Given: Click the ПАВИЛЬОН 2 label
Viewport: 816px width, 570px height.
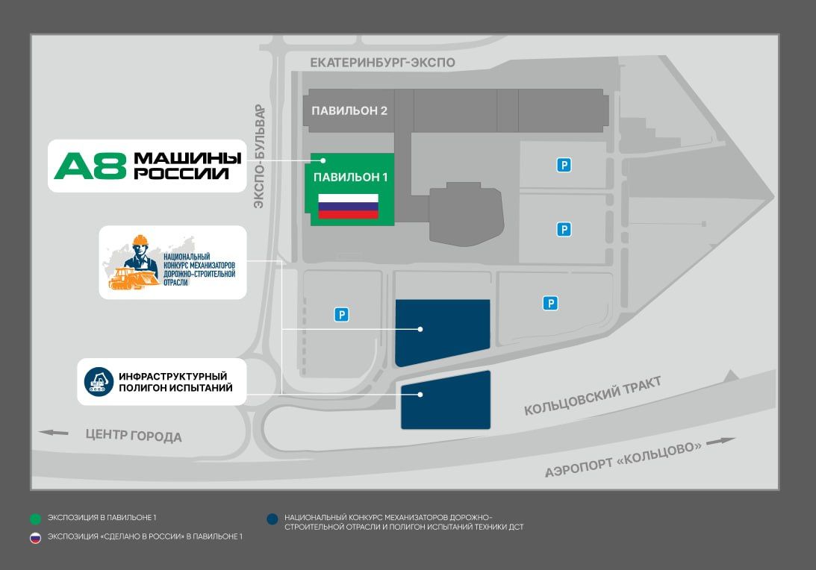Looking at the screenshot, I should click(x=349, y=111).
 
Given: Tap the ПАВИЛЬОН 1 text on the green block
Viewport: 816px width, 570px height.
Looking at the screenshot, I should click(x=350, y=178).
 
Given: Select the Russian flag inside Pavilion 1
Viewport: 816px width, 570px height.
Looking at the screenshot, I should click(x=348, y=206).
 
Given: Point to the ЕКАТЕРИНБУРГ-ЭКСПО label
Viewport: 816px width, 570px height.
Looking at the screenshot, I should click(x=382, y=63).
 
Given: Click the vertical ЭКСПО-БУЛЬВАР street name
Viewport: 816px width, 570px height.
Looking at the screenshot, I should click(x=259, y=156).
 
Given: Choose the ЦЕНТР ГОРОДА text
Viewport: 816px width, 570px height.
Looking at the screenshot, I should click(x=134, y=435).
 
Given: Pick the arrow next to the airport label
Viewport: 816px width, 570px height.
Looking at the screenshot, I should click(x=721, y=441).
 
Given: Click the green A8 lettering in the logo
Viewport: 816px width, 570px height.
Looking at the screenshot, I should click(x=90, y=166).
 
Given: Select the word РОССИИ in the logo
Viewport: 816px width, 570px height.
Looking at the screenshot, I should click(x=181, y=174).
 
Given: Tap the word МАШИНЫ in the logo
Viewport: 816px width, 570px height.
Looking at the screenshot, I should click(x=187, y=158).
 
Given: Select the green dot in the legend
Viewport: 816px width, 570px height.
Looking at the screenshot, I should click(x=35, y=517).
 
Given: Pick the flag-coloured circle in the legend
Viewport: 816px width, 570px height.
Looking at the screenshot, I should click(x=35, y=537).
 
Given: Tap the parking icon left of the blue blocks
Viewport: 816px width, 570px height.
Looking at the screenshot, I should click(x=341, y=315).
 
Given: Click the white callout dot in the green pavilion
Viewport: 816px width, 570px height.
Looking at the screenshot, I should click(x=323, y=160).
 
